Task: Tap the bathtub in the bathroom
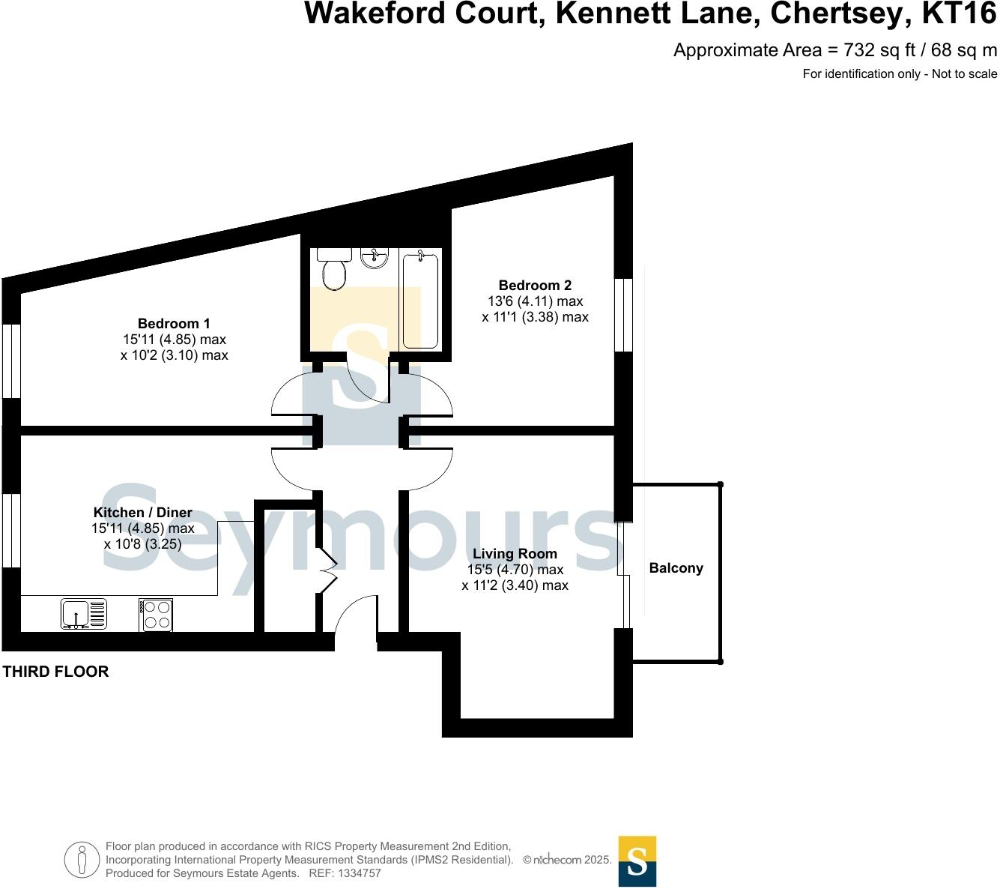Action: (420, 300)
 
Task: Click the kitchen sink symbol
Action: (84, 614)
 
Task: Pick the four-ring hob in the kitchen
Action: (156, 615)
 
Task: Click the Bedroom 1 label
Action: (174, 323)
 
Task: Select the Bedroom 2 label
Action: (535, 285)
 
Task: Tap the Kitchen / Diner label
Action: (142, 512)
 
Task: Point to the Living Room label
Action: (515, 553)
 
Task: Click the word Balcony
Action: (676, 567)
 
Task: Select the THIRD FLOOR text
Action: (56, 672)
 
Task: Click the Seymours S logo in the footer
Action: (637, 861)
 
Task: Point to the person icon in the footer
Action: (82, 860)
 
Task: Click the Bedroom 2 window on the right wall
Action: (623, 315)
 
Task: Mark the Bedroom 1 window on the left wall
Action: (11, 360)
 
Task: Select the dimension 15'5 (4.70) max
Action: (515, 570)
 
